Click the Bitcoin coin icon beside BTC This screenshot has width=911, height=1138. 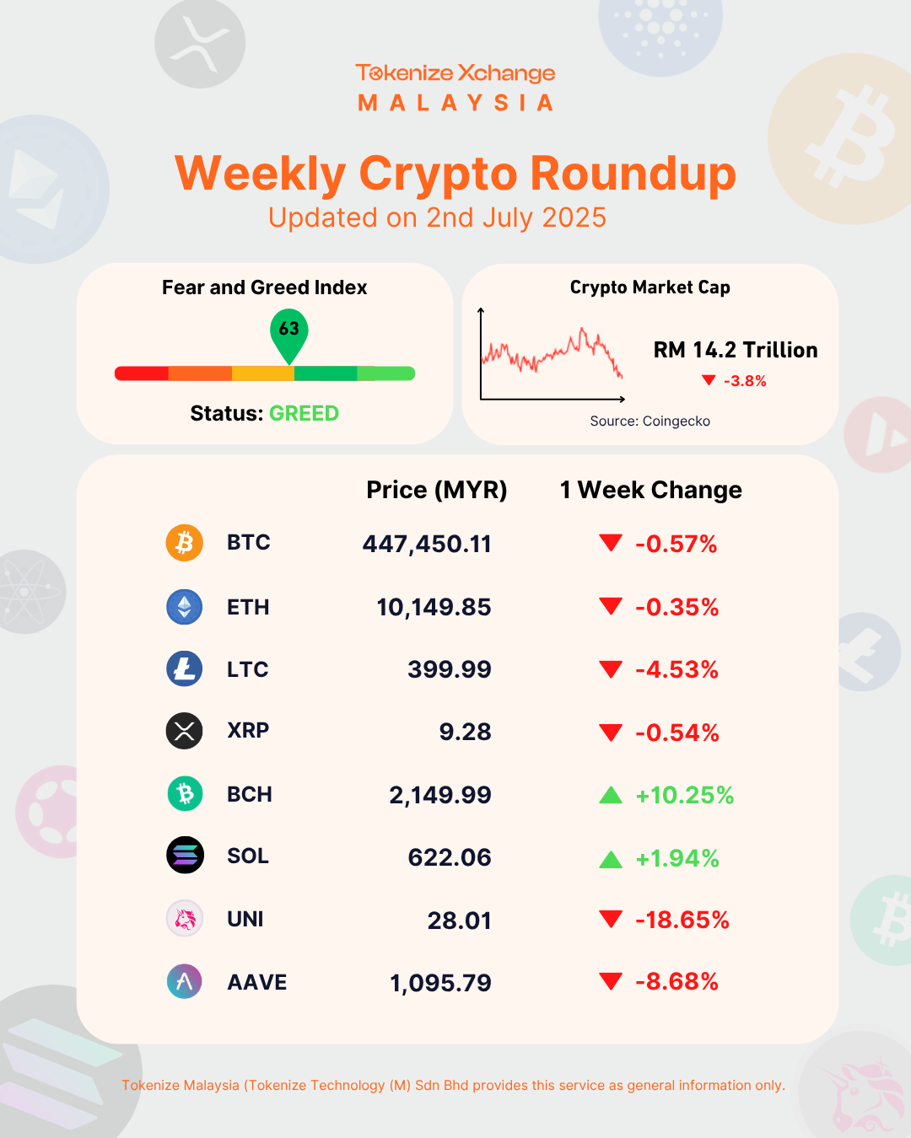[x=184, y=543]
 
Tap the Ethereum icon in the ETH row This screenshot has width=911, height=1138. [x=184, y=607]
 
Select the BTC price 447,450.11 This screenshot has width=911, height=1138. [x=427, y=545]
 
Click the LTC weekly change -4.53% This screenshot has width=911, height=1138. [x=677, y=669]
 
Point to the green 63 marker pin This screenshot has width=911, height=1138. [x=289, y=334]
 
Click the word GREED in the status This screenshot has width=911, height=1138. [x=304, y=414]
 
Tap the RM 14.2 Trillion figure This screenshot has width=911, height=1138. [x=736, y=350]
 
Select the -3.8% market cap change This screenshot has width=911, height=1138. [x=745, y=381]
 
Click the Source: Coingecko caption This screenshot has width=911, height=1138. [x=650, y=421]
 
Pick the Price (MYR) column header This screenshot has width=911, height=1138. [x=437, y=491]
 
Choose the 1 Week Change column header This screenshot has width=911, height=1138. [x=650, y=490]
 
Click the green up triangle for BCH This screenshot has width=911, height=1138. [x=611, y=795]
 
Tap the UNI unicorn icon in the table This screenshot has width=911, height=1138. [x=184, y=919]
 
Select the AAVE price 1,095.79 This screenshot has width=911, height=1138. [x=440, y=983]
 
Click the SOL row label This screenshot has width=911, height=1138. [x=248, y=856]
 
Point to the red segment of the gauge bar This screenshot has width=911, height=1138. [x=142, y=373]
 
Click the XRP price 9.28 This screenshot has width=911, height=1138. [x=466, y=732]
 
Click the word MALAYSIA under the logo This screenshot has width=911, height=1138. [x=455, y=103]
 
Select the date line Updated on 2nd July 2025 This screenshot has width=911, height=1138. [x=437, y=217]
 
